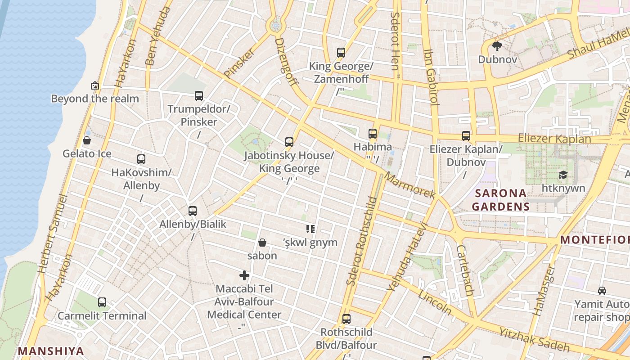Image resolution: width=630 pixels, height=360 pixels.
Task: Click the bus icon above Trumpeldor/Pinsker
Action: pyautogui.click(x=199, y=95)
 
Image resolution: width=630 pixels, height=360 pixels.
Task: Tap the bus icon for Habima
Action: pyautogui.click(x=372, y=134)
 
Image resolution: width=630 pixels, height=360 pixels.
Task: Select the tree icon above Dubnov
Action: pyautogui.click(x=497, y=46)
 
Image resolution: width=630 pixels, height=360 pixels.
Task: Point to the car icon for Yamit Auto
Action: pyautogui.click(x=602, y=291)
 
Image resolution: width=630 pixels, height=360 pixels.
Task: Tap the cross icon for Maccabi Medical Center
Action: pyautogui.click(x=244, y=275)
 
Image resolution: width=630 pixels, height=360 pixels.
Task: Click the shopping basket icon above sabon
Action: pyautogui.click(x=262, y=243)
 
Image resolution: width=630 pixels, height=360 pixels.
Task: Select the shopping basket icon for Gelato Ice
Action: pyautogui.click(x=87, y=140)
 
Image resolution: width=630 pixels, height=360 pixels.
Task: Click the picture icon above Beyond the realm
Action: pyautogui.click(x=95, y=85)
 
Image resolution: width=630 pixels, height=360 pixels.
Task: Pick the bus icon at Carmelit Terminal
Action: pyautogui.click(x=102, y=302)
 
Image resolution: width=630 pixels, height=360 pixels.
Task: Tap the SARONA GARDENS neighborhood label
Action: pyautogui.click(x=500, y=200)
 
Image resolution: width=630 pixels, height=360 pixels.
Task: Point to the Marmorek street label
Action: pyautogui.click(x=410, y=184)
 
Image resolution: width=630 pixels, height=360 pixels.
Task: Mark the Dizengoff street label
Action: pyautogui.click(x=286, y=62)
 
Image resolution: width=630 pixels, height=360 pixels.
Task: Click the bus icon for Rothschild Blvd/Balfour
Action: pyautogui.click(x=346, y=319)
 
